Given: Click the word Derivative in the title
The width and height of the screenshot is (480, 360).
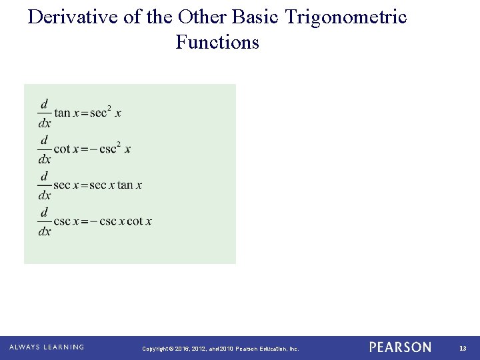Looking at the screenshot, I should pyautogui.click(x=73, y=17).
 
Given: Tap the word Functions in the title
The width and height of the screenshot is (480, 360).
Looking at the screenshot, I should pyautogui.click(x=217, y=43).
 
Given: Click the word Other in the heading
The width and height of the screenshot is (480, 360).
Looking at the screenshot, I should pyautogui.click(x=202, y=17).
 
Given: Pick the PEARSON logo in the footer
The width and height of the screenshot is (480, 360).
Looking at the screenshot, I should pyautogui.click(x=400, y=347).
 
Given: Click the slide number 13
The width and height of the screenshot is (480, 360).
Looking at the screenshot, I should pyautogui.click(x=463, y=348).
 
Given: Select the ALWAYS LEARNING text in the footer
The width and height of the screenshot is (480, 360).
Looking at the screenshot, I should pyautogui.click(x=47, y=347).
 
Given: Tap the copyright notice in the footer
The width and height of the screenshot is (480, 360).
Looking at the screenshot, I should pyautogui.click(x=221, y=349).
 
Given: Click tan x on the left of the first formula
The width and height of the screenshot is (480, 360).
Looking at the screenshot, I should pyautogui.click(x=67, y=113).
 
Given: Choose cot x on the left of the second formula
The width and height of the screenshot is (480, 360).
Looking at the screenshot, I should pyautogui.click(x=66, y=149).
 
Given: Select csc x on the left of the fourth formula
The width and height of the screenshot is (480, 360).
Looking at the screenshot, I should pyautogui.click(x=67, y=221).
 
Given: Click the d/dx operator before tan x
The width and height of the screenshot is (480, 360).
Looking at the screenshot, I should pyautogui.click(x=44, y=113).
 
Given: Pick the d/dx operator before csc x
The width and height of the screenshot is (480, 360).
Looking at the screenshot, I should pyautogui.click(x=44, y=221).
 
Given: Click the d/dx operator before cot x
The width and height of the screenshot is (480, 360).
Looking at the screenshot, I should pyautogui.click(x=44, y=149).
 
